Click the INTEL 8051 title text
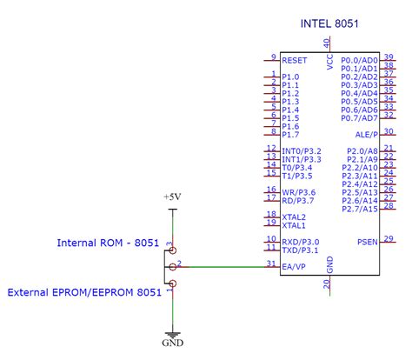click(x=329, y=23)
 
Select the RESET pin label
click(x=295, y=61)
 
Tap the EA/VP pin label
click(x=294, y=265)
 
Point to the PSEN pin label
click(x=367, y=241)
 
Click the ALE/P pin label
click(x=367, y=134)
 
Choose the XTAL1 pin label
click(x=294, y=225)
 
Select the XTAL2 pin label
click(x=294, y=216)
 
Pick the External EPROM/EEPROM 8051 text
click(x=84, y=293)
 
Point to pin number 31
click(x=272, y=262)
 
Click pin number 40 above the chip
click(x=327, y=42)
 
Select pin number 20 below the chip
click(x=327, y=283)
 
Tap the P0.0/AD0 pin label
click(x=359, y=60)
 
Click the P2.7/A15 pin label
click(x=359, y=209)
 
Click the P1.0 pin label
click(x=290, y=77)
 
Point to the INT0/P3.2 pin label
click(x=302, y=150)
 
